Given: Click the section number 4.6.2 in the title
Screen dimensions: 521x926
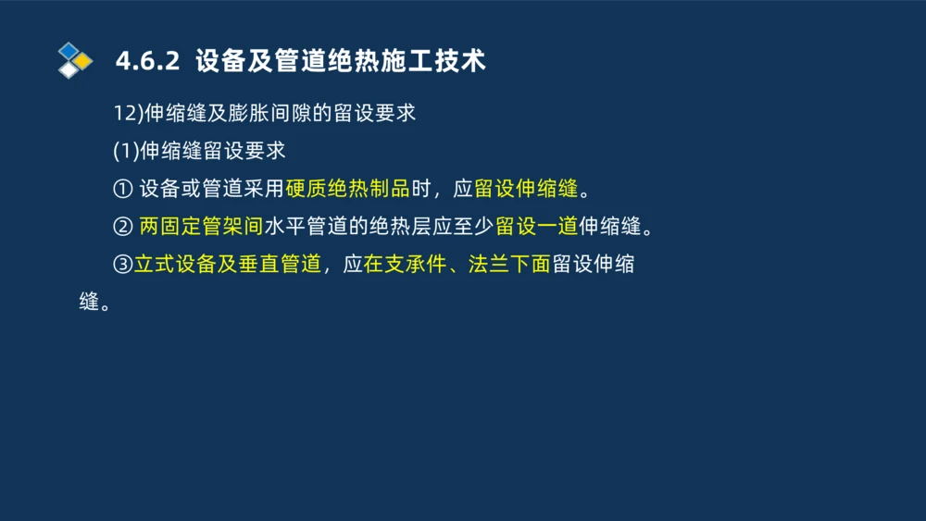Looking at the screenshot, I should [x=146, y=61].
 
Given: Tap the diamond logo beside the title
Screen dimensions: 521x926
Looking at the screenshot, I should [x=74, y=61].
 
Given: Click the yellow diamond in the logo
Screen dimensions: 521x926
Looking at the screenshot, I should [x=83, y=61].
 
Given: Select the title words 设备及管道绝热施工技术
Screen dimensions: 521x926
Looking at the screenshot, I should [x=341, y=61].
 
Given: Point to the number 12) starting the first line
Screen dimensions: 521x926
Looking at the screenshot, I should [x=125, y=114].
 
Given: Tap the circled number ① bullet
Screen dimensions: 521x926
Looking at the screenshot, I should [x=122, y=190].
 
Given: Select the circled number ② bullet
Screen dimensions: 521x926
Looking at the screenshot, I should [x=122, y=227].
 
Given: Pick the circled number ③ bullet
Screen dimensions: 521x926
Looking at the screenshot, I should [x=122, y=265].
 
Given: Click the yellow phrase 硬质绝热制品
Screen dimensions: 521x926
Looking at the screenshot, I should [x=347, y=190].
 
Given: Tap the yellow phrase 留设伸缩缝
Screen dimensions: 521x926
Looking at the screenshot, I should [x=526, y=190].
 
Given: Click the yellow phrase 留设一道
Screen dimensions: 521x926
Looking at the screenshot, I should [x=537, y=227].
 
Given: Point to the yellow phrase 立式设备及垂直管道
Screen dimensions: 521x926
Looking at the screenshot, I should [x=228, y=265].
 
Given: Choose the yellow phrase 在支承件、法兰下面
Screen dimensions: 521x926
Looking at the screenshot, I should [x=457, y=265].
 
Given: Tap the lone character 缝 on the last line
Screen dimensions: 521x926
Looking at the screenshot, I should [x=89, y=303].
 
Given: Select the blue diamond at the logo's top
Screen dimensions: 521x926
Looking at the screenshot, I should [x=69, y=50].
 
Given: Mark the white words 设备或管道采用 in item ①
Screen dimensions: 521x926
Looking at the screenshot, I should [x=211, y=190].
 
